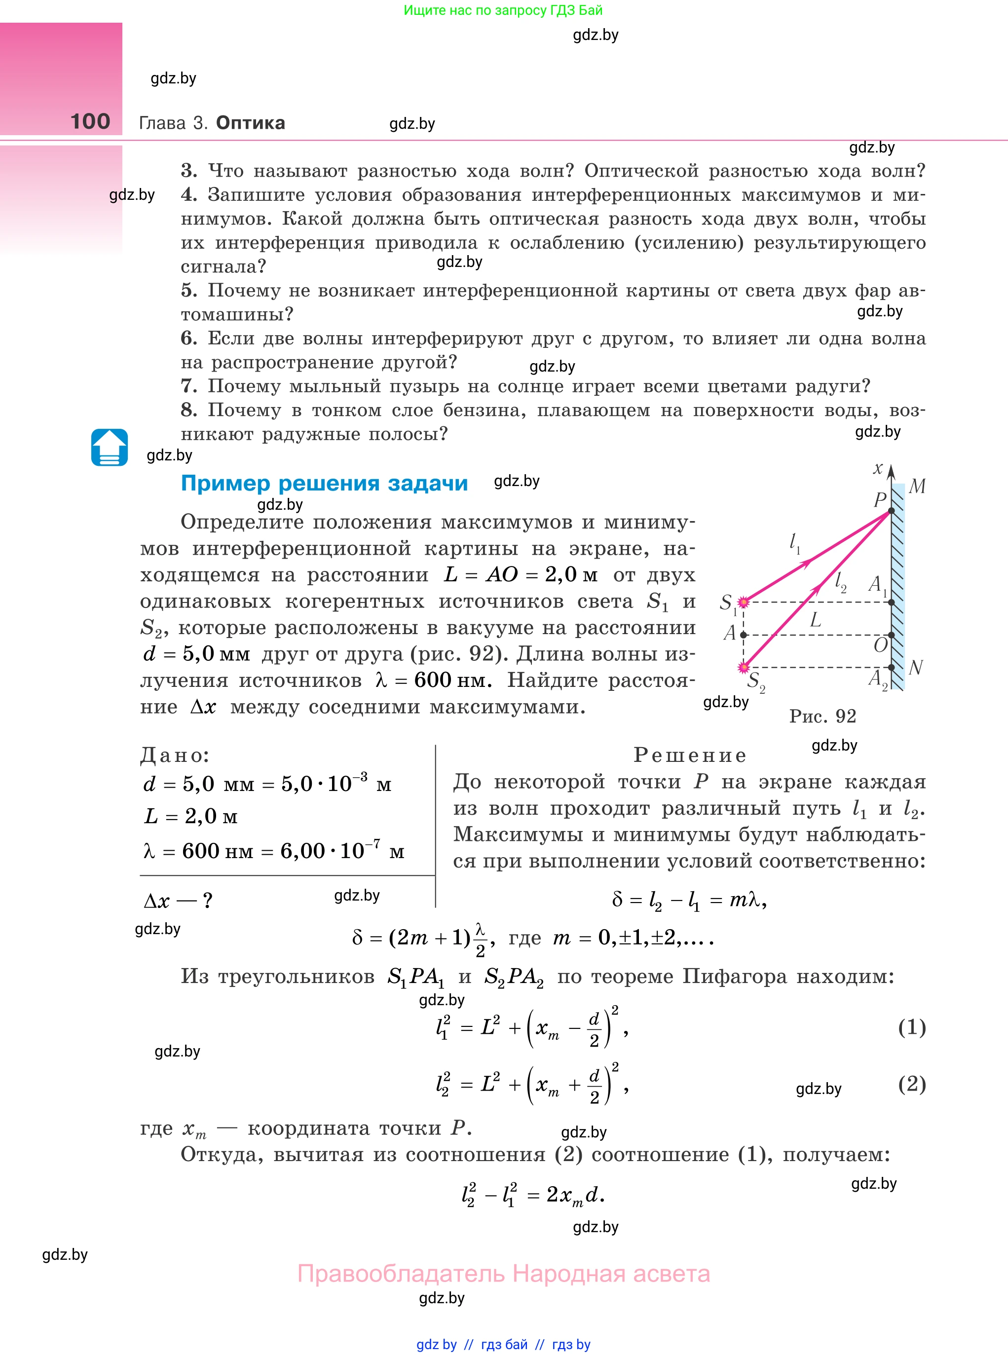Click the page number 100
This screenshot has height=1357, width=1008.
[x=90, y=121]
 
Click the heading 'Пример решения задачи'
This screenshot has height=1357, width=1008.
[x=324, y=483]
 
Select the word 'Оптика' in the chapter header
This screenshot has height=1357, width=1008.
[x=250, y=123]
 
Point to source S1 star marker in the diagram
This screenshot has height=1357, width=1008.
[x=743, y=602]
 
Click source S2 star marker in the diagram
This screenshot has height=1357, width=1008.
[x=743, y=668]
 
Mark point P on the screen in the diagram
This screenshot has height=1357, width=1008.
[x=891, y=511]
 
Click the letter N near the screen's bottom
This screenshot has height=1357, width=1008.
[x=915, y=668]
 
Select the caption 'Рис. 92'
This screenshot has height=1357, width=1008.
[x=822, y=716]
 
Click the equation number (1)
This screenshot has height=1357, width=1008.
[x=912, y=1027]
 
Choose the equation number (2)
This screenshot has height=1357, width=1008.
[x=912, y=1084]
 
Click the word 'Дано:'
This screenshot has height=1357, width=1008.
[x=175, y=755]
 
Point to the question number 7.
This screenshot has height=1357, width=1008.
[x=188, y=386]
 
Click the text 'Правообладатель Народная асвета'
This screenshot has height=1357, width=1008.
[x=503, y=1274]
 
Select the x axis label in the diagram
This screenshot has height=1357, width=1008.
[x=877, y=469]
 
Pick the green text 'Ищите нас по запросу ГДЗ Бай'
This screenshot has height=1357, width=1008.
[x=503, y=10]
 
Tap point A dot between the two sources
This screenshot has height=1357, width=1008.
[x=743, y=635]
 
